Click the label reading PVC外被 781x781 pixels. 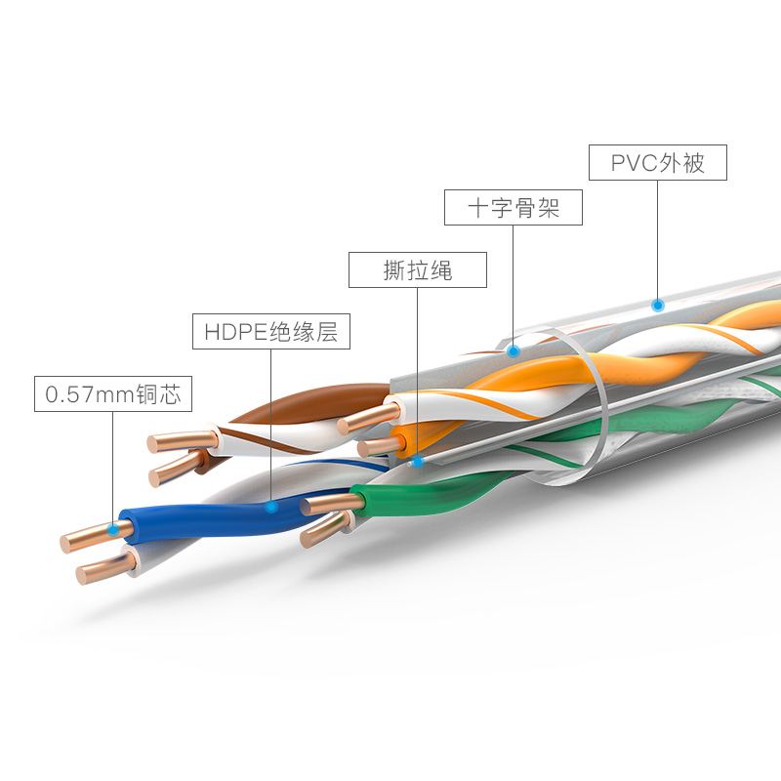pos(658,162)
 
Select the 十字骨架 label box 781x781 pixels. pos(513,208)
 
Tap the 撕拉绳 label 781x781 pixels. pos(417,269)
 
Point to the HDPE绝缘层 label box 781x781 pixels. pos(270,331)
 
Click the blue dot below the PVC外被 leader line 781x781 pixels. pos(658,305)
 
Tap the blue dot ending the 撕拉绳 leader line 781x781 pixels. pos(417,460)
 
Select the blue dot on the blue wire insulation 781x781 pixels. pos(270,506)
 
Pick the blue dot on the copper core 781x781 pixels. pos(113,529)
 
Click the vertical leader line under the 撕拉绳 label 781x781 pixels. pos(417,371)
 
